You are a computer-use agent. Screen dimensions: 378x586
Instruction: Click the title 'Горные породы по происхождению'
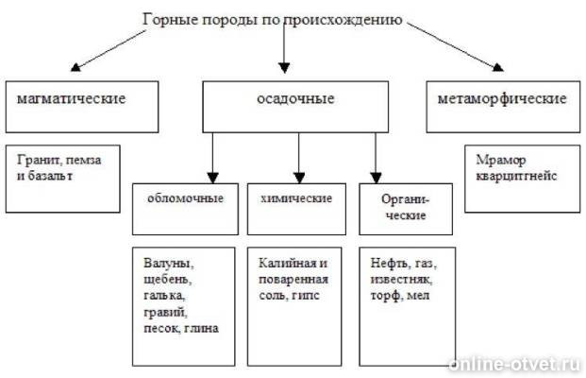click(x=273, y=20)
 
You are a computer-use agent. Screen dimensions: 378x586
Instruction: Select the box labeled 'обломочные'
click(x=185, y=209)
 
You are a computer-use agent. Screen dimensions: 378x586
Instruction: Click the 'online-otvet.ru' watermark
click(x=514, y=364)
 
